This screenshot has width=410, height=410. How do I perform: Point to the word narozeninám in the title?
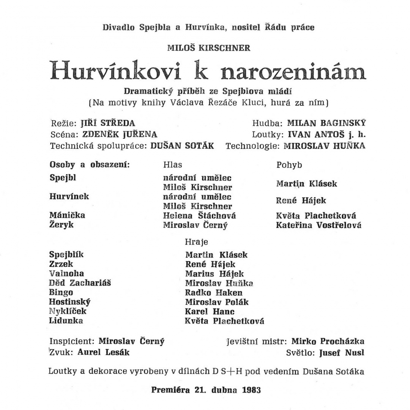pyautogui.click(x=293, y=71)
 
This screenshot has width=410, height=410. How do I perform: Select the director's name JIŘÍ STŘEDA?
pyautogui.click(x=108, y=123)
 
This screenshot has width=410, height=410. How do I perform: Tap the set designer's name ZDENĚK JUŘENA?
pyautogui.click(x=120, y=134)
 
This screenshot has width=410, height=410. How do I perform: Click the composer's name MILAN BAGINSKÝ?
pyautogui.click(x=326, y=123)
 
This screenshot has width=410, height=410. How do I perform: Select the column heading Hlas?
pyautogui.click(x=172, y=165)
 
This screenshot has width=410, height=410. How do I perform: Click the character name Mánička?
pyautogui.click(x=67, y=216)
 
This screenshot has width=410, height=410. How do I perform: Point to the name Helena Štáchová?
pyautogui.click(x=199, y=216)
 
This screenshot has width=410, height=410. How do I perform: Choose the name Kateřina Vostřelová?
pyautogui.click(x=319, y=225)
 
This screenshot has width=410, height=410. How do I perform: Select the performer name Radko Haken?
pyautogui.click(x=214, y=293)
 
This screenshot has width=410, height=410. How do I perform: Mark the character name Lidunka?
pyautogui.click(x=66, y=321)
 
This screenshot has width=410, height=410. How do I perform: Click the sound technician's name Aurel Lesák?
pyautogui.click(x=103, y=352)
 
